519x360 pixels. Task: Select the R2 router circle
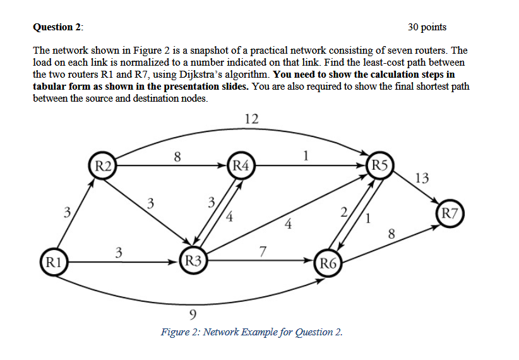point(103,166)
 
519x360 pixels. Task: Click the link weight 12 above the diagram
point(251,119)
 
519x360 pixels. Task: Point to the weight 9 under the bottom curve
point(193,314)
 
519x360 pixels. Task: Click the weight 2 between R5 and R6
point(343,212)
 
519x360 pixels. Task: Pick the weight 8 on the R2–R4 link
point(178,156)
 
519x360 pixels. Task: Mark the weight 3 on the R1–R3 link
point(118,253)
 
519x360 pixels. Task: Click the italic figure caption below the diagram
point(251,332)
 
